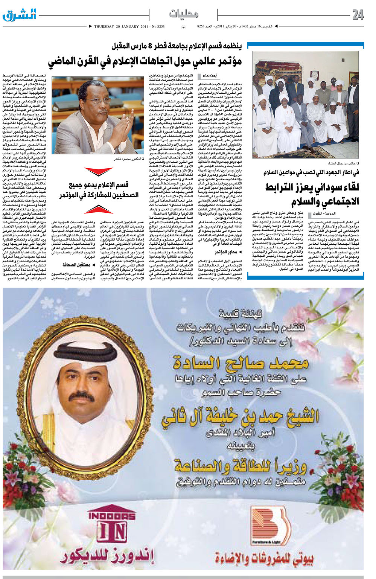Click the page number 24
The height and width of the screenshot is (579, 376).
[358, 15]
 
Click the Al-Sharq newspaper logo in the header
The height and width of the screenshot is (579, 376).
[20, 15]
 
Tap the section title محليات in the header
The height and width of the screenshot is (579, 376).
[184, 14]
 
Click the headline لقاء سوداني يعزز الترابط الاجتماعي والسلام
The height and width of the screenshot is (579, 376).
[312, 194]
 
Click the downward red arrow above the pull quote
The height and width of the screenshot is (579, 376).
[98, 172]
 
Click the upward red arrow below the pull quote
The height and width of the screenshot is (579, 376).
[98, 209]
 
